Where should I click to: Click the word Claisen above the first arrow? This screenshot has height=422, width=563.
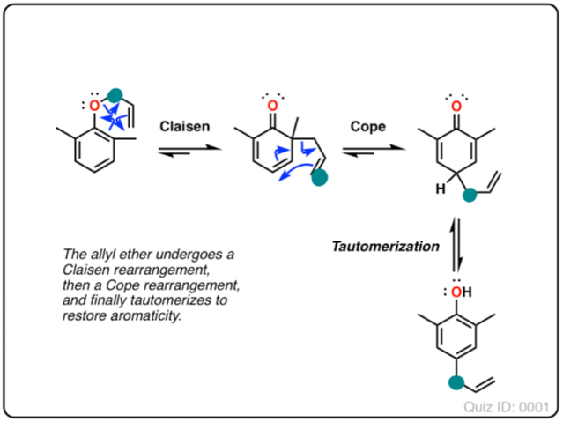(184, 127)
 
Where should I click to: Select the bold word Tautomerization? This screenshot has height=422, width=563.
(385, 247)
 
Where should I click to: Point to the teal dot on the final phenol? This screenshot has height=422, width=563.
(455, 382)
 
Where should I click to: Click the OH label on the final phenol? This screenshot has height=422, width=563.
(456, 290)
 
